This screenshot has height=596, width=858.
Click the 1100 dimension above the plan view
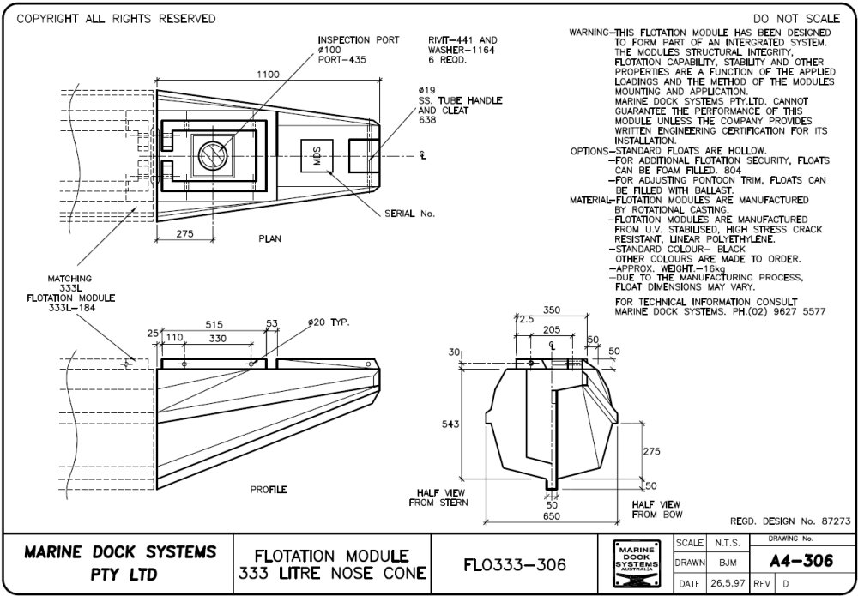[x=268, y=75]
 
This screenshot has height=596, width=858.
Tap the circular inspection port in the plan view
[x=211, y=154]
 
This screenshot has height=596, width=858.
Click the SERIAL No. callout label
[x=411, y=214]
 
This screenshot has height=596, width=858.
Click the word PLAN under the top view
[x=269, y=238]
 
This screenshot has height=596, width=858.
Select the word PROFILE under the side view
[x=269, y=490]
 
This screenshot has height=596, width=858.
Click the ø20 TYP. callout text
[x=329, y=322]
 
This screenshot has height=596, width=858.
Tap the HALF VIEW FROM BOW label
[x=656, y=509]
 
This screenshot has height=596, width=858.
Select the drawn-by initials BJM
[x=726, y=563]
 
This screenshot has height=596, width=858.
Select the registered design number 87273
[x=833, y=521]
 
